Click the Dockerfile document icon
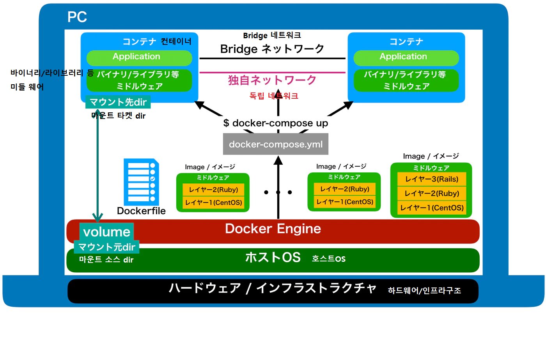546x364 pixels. click(141, 182)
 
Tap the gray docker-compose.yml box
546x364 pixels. click(276, 144)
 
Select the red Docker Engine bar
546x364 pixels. click(273, 231)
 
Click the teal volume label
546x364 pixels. click(107, 232)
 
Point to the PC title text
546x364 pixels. click(77, 17)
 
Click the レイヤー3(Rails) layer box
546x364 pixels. click(432, 179)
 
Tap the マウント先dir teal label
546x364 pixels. click(118, 102)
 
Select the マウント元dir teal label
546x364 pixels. click(106, 247)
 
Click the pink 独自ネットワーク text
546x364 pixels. click(272, 80)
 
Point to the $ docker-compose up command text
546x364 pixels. click(276, 123)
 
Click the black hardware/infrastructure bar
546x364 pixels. click(273, 291)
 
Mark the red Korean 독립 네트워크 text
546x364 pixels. click(274, 96)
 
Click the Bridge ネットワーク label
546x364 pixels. click(272, 49)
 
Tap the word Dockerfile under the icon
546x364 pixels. click(141, 211)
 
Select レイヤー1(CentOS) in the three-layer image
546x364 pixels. click(432, 208)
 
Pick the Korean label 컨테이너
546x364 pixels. click(176, 41)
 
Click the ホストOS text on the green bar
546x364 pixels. click(273, 257)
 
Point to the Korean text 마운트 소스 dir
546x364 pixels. click(106, 259)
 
